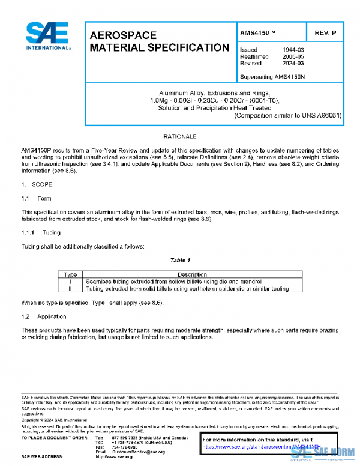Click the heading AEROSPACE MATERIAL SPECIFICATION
[159, 41]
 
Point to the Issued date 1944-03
[293, 50]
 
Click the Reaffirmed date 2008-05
[293, 56]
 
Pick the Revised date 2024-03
[293, 63]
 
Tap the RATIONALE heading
[180, 137]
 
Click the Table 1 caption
[180, 260]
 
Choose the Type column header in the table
[71, 274]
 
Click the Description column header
[191, 274]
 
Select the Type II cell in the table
[71, 288]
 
